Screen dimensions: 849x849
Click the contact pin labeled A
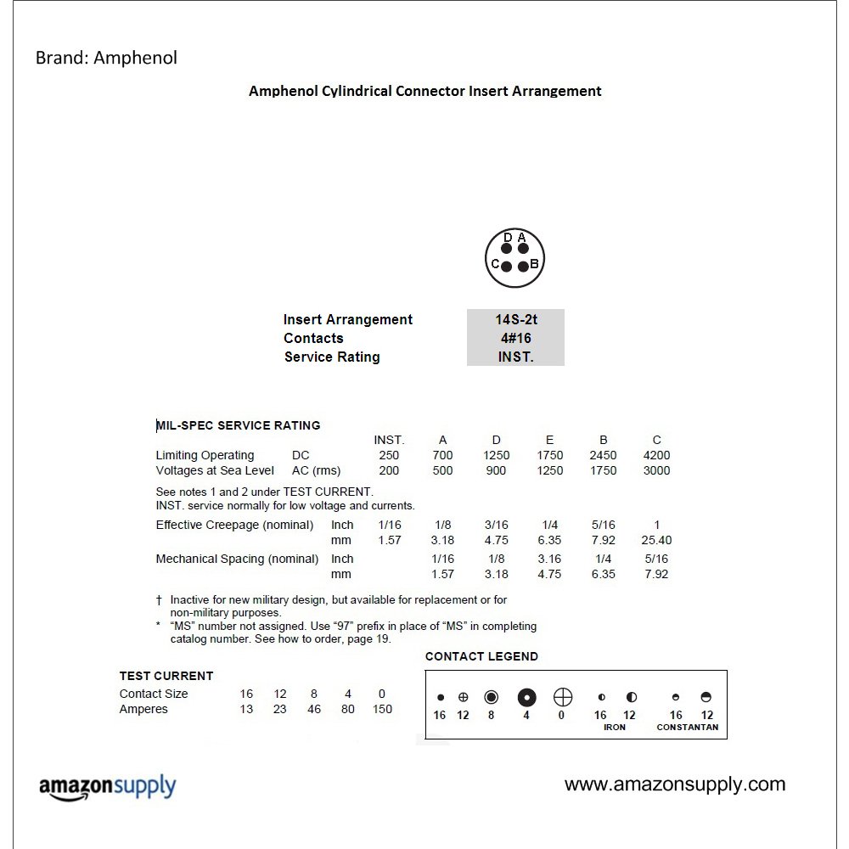pos(523,249)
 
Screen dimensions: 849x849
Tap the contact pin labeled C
pos(507,266)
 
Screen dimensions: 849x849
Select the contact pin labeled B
pos(523,266)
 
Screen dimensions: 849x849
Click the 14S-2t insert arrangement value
pos(516,320)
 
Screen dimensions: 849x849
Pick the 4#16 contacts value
pos(516,338)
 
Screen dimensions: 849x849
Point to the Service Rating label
pos(332,357)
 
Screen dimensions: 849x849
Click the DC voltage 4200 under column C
pos(656,455)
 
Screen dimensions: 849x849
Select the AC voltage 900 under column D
pos(496,470)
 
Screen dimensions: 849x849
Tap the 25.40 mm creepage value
pos(656,540)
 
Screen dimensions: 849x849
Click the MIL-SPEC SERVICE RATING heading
pos(239,425)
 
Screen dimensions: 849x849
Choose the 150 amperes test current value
pos(382,709)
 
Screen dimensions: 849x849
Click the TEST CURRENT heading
pos(166,676)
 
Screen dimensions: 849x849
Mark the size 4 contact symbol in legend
pos(526,698)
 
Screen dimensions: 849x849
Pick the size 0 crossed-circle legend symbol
pos(562,698)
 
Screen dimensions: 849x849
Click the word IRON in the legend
pos(615,728)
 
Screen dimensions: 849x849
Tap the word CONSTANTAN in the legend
pos(688,728)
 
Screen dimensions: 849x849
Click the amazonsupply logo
pos(107,787)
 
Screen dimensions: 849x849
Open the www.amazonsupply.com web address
pos(675,784)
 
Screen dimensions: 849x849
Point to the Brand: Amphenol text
pos(106,58)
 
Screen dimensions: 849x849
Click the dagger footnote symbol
pos(159,599)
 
